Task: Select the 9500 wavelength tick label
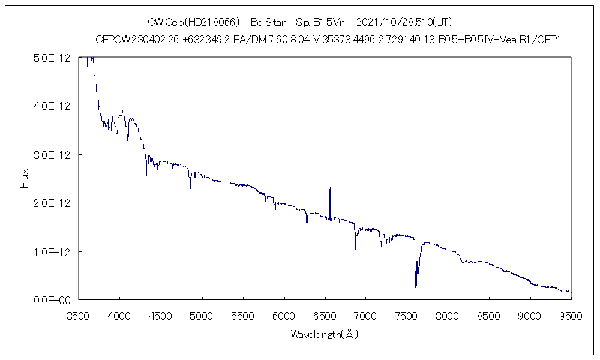coord(570,314)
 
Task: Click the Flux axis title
coord(25,178)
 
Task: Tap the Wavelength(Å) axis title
coord(324,334)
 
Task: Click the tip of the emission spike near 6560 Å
coord(330,188)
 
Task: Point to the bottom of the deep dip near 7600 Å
coord(415,287)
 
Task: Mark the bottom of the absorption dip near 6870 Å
coord(355,249)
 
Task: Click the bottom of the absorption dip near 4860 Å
coord(190,189)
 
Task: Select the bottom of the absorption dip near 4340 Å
coord(147,175)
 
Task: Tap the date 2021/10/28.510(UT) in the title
coord(404,22)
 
